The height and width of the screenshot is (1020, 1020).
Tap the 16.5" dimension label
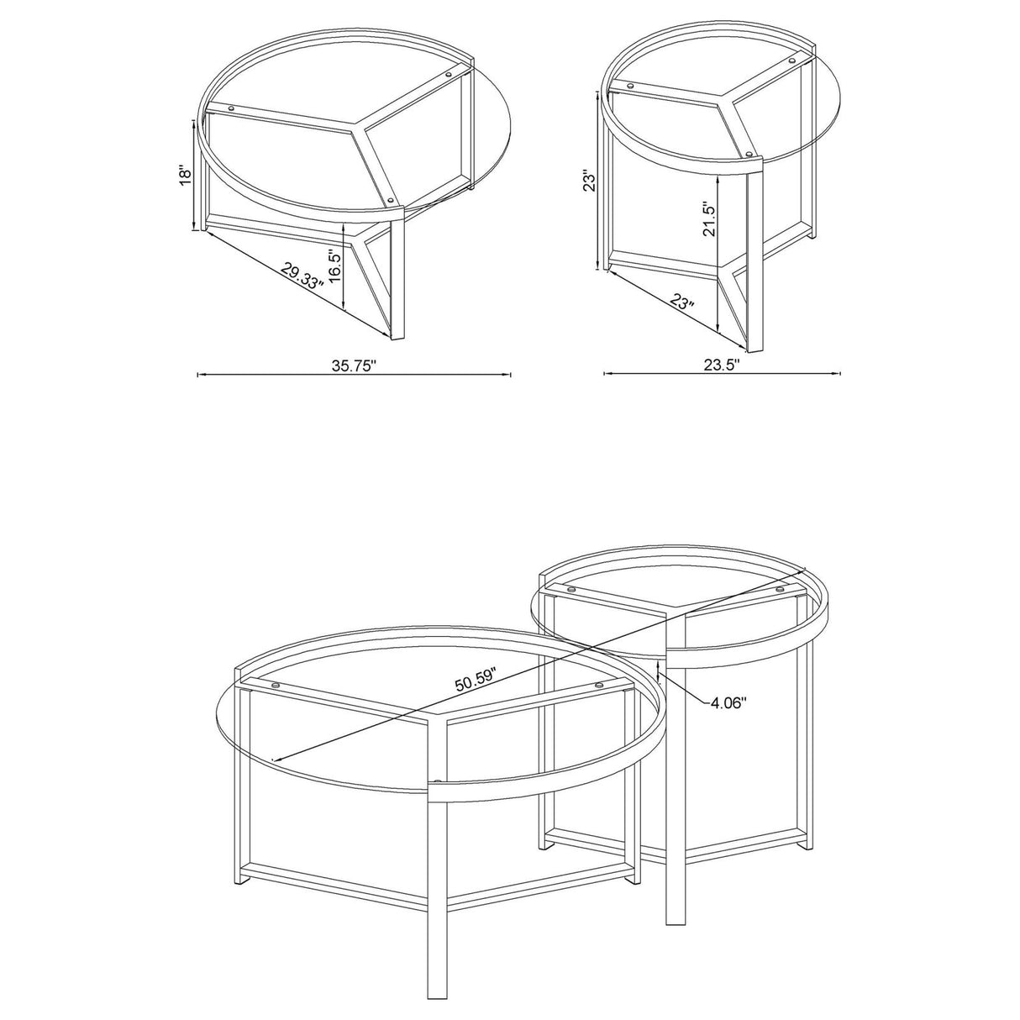click(x=334, y=267)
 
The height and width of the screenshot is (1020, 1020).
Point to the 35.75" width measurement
click(x=353, y=366)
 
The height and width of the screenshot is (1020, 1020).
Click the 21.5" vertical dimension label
click(x=708, y=220)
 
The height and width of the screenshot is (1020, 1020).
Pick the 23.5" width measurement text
click(x=722, y=366)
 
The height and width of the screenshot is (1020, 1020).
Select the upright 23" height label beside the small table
click(x=591, y=182)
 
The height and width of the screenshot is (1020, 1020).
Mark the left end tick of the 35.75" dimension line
click(x=197, y=375)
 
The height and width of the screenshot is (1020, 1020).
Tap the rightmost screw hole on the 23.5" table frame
click(x=792, y=62)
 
